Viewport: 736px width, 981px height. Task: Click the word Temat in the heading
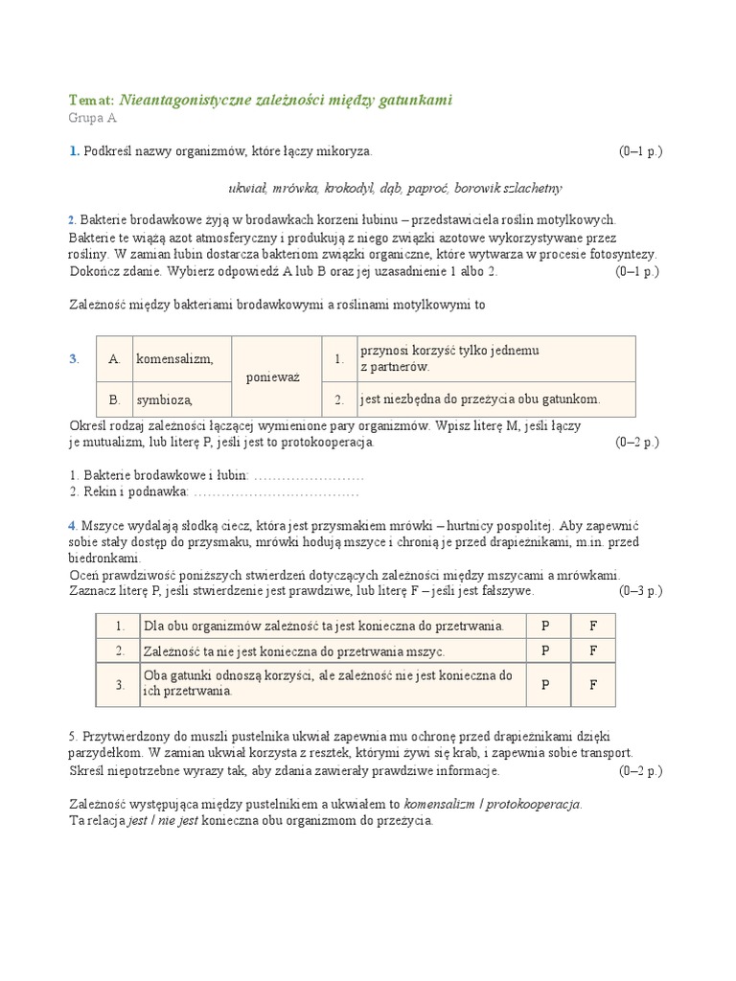click(x=91, y=100)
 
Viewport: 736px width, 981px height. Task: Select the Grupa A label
click(x=92, y=119)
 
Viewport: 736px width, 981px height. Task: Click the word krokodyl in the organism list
click(x=352, y=188)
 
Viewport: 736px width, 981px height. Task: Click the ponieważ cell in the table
click(x=273, y=377)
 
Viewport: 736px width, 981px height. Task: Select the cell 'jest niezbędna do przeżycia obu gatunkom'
click(x=479, y=399)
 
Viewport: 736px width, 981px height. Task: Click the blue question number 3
click(x=74, y=359)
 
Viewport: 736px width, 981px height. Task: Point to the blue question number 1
click(x=73, y=151)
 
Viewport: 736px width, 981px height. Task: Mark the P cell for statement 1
click(x=545, y=626)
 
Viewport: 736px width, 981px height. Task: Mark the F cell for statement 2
click(x=593, y=650)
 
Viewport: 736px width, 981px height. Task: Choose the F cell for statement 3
click(x=593, y=685)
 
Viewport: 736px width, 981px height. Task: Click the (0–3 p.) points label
click(x=640, y=591)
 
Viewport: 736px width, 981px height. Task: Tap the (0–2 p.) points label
click(x=637, y=443)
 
